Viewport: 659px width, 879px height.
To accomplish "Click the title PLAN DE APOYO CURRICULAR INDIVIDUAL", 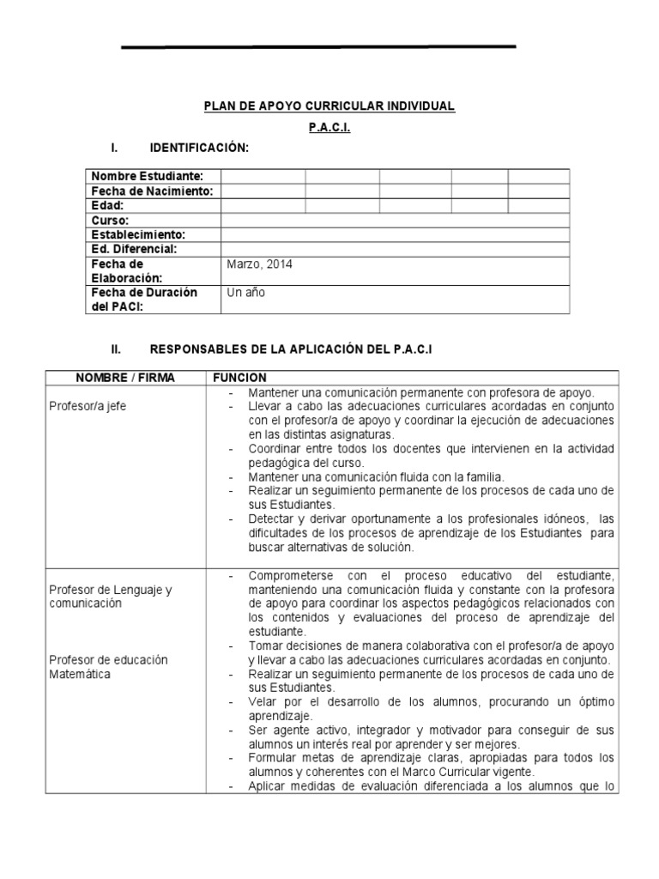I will click(329, 106).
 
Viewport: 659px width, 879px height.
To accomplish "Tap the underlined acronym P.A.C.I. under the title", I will click(329, 127).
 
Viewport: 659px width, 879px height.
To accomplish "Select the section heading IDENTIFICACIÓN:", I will click(199, 149).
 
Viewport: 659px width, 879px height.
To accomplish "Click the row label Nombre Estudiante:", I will click(147, 177).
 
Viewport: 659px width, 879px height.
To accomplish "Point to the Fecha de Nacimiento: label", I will click(152, 191).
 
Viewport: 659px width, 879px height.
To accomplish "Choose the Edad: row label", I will click(108, 206).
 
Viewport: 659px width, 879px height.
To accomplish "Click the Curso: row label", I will click(110, 221).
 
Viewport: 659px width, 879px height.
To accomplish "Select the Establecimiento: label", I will click(138, 234).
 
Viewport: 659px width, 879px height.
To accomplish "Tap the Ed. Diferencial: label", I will click(134, 249).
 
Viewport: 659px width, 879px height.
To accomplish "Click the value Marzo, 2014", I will click(259, 264).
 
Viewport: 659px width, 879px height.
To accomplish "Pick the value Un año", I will click(246, 293).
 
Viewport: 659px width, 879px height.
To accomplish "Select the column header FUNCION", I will click(239, 378).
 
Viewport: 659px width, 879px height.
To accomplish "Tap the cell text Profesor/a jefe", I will click(88, 406).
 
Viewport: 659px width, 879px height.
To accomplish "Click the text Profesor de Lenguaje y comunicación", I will click(110, 597).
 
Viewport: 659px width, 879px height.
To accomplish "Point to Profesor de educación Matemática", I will click(108, 667).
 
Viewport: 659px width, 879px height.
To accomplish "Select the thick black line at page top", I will click(318, 46).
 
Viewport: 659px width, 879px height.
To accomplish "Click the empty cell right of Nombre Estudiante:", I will click(263, 177).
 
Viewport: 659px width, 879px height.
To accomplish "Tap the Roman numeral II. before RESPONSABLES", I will click(118, 349).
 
